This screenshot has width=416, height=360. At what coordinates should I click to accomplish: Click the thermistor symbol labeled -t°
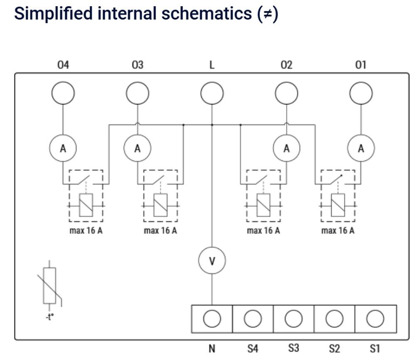pos(50,286)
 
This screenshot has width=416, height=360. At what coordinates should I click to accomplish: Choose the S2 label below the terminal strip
pos(334,348)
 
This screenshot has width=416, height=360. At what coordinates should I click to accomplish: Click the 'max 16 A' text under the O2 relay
pos(263,231)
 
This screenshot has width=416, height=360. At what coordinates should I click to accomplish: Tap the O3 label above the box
pos(137,65)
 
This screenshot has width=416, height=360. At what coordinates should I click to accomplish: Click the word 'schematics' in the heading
pos(207,13)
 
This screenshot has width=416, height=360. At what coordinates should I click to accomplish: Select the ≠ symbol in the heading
pos(267,14)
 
